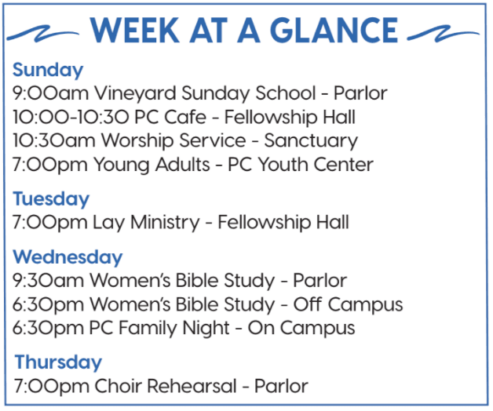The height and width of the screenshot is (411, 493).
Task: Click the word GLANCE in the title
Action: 334,30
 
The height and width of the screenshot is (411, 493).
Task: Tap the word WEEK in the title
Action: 135,30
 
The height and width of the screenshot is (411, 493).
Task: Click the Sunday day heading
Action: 48,70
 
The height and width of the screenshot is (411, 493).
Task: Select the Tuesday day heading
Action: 51,198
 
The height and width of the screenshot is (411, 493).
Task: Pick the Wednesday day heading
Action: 68,256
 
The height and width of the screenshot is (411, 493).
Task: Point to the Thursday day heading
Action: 58,362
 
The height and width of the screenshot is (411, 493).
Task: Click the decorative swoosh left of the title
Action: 42,34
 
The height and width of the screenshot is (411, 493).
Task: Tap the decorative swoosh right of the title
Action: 444,34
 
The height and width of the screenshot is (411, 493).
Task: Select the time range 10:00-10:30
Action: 71,117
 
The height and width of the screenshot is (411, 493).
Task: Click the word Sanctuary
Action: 311,140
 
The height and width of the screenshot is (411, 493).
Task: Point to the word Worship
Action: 137,140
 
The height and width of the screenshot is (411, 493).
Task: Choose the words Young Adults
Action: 152,165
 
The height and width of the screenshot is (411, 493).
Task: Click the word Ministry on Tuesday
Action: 165,223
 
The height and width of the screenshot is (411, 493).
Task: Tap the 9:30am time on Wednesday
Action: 48,280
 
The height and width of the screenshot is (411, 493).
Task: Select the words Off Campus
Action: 348,305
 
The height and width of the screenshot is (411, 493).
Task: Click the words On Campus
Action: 301,329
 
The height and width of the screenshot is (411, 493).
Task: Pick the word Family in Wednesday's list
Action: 148,329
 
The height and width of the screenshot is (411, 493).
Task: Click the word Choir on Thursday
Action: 119,386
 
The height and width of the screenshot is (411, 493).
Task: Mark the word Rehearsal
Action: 192,386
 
